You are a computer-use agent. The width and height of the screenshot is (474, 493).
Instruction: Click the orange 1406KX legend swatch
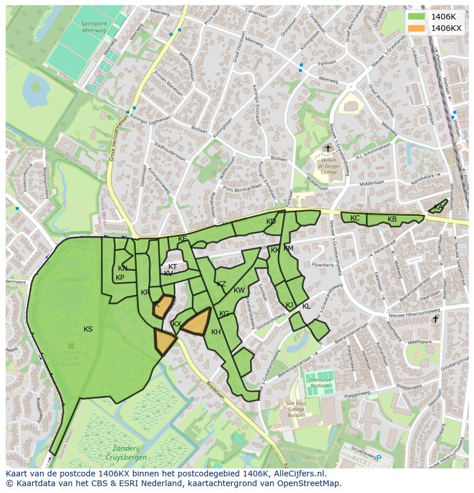[x=416, y=28]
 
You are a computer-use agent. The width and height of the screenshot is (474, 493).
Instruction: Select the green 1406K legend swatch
[x=416, y=17]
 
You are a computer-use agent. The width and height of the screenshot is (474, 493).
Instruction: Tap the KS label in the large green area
[x=88, y=329]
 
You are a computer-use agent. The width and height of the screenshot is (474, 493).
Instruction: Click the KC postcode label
[x=355, y=218]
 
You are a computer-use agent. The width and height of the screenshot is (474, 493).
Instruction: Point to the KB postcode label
[x=392, y=219]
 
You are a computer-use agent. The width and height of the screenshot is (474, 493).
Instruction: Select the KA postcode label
[x=438, y=207]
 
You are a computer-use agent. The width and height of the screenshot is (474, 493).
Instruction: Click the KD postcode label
[x=271, y=222]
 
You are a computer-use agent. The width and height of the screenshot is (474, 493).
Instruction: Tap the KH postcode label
[x=216, y=332]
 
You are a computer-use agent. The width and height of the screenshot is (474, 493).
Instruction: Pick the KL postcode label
[x=306, y=306]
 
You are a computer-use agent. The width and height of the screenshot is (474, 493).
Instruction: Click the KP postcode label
[x=120, y=278]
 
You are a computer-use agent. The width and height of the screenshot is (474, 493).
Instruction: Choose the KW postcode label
[x=239, y=290]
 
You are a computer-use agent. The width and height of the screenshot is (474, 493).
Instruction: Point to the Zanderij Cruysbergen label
[x=126, y=453]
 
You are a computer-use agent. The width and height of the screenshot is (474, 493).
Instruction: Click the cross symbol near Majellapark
[x=435, y=320]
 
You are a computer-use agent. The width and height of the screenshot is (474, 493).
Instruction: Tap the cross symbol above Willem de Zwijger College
[x=327, y=149]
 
